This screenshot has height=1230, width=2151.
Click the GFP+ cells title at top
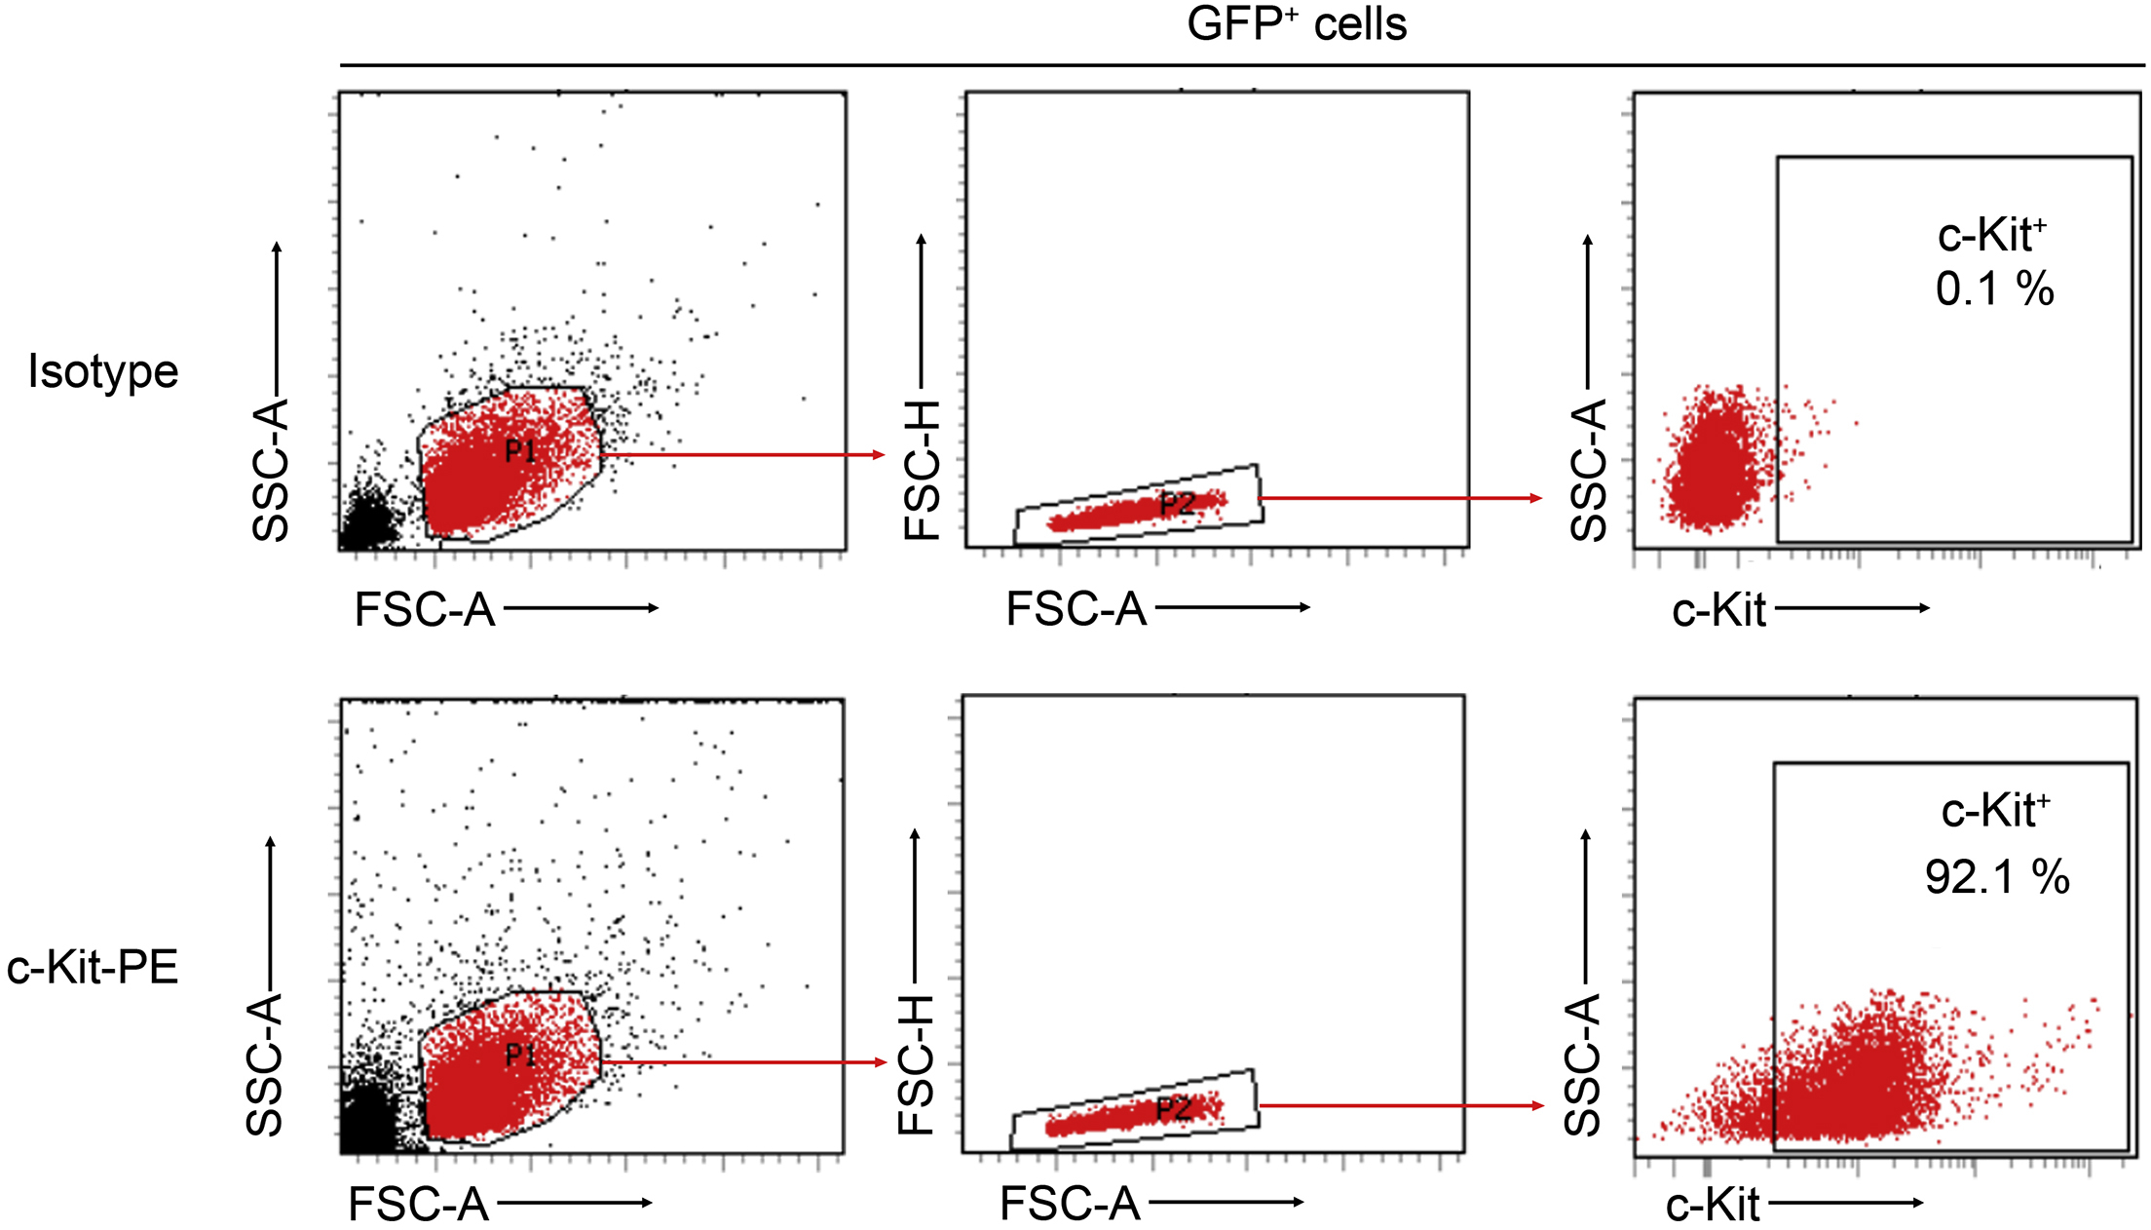(1296, 23)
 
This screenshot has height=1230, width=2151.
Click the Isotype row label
(103, 371)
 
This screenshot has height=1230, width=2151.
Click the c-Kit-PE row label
(93, 968)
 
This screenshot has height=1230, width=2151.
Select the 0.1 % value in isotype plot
(1994, 289)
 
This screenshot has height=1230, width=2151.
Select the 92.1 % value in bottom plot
(1996, 877)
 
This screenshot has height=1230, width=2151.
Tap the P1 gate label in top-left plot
(520, 450)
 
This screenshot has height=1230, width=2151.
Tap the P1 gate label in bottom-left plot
(520, 1055)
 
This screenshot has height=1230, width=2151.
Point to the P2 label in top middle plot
(1177, 504)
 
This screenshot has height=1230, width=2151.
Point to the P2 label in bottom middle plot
(1173, 1108)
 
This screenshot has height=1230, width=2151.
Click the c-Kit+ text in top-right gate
(1991, 235)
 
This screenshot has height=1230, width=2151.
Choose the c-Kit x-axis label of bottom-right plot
(1712, 1206)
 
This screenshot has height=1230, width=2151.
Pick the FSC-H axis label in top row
(922, 470)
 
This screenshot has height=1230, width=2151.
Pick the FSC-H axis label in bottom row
(916, 1064)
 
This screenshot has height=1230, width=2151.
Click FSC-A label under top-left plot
(425, 610)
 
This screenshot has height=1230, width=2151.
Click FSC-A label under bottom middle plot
(1070, 1205)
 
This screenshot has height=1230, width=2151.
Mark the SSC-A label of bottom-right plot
(1582, 1064)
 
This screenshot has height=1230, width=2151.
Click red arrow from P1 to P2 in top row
(740, 455)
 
